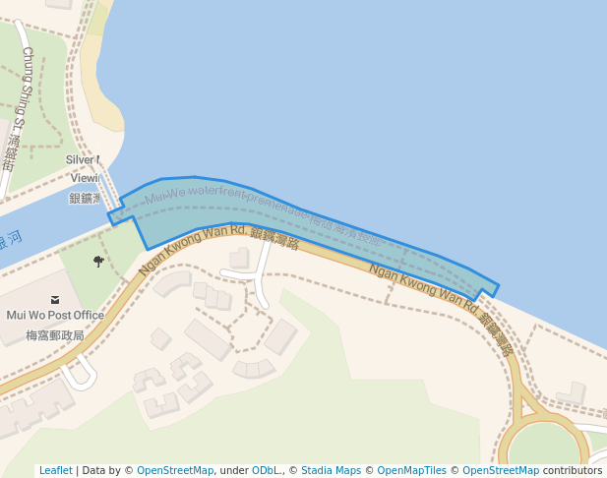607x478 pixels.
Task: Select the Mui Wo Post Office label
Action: tap(55, 316)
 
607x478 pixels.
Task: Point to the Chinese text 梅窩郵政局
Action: tap(55, 335)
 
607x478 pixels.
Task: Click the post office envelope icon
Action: tap(55, 299)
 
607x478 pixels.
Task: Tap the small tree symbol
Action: tap(98, 261)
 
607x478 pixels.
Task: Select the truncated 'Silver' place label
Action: tap(83, 159)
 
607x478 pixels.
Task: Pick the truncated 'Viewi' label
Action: tap(86, 178)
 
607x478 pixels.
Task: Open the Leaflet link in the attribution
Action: tap(55, 470)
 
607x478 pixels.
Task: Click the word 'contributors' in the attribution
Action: tap(573, 470)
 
